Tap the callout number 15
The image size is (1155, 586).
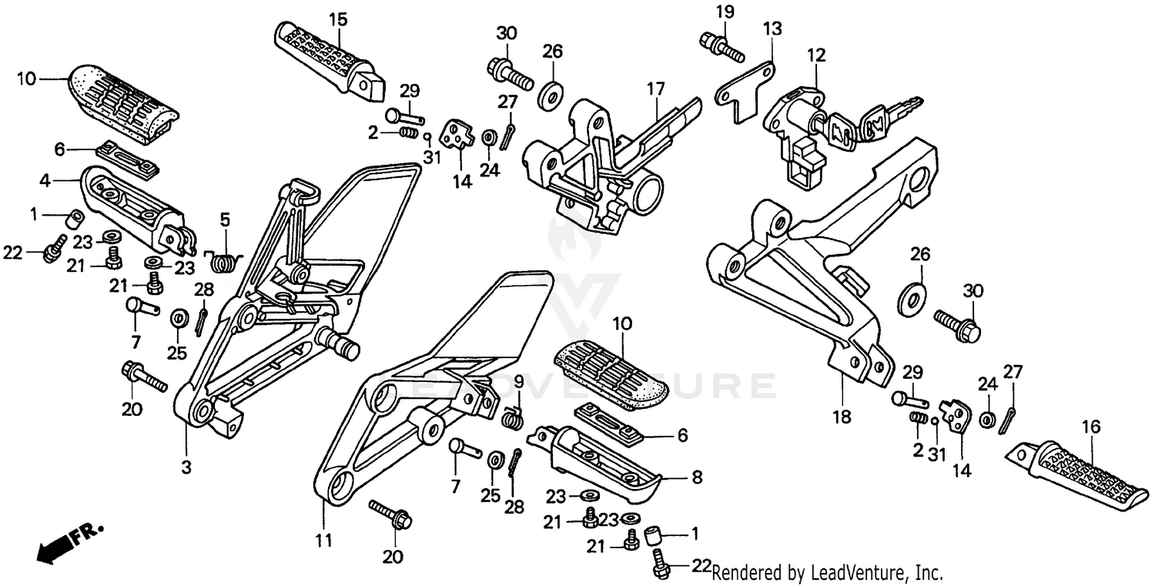tap(339, 18)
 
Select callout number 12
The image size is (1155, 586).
tap(816, 55)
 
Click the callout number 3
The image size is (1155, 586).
tap(186, 467)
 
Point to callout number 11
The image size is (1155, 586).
tap(324, 541)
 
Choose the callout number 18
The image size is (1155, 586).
tap(842, 417)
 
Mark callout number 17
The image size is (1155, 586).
tap(655, 89)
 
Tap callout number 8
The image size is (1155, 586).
tap(696, 477)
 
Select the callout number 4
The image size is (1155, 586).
tap(45, 182)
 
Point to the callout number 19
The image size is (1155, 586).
tap(725, 12)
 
